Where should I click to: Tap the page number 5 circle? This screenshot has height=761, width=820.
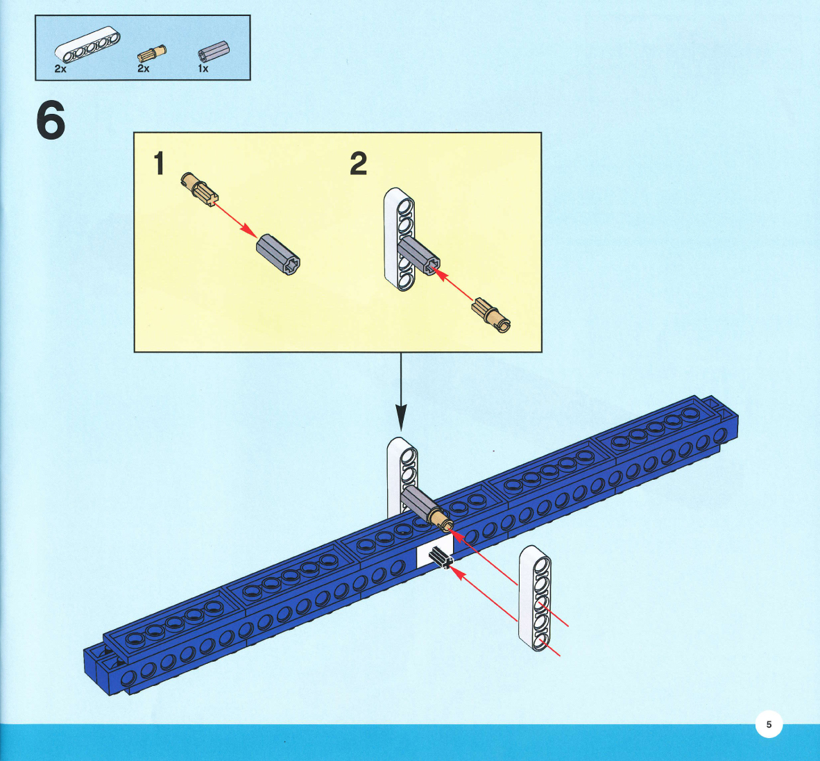(x=768, y=724)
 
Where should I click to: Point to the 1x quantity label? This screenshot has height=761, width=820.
(x=203, y=69)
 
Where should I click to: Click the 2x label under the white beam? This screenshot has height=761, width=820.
(x=60, y=69)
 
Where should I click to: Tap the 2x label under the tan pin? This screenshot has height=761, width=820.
(x=143, y=69)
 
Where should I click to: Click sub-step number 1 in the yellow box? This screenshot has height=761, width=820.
(x=160, y=164)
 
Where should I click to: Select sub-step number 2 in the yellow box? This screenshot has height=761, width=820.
(x=358, y=164)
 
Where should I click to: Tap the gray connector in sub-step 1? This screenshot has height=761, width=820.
(x=279, y=255)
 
